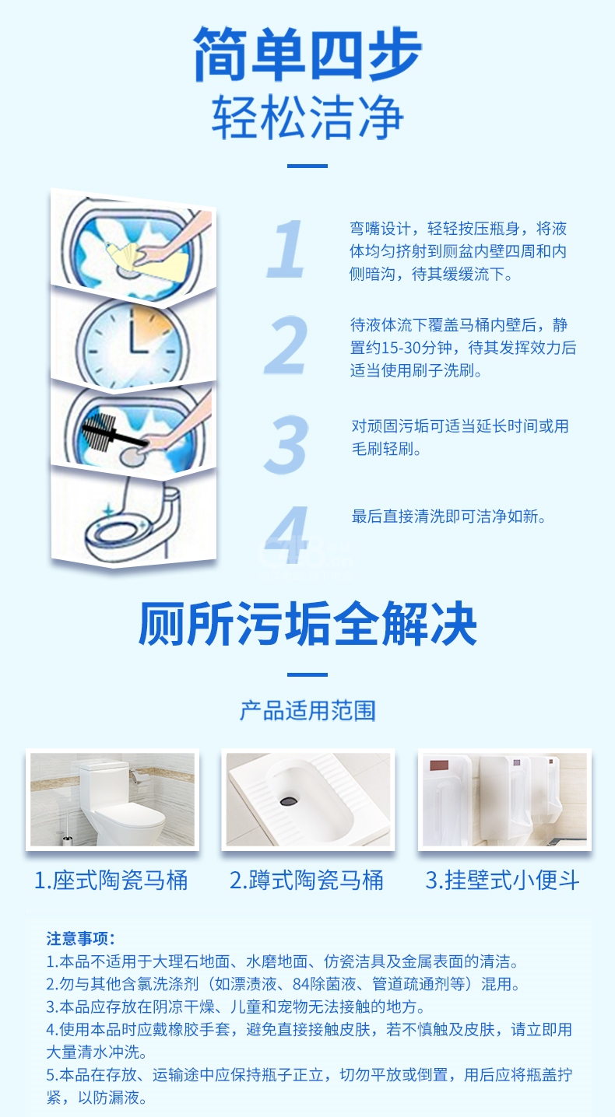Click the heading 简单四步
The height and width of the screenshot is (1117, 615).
(x=307, y=54)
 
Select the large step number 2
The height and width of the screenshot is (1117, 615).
(x=286, y=345)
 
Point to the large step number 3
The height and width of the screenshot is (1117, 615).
(x=286, y=444)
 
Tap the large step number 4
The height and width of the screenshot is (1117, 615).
(x=286, y=534)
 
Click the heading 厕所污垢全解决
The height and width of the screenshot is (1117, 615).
(x=307, y=623)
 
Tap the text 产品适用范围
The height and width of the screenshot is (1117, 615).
(x=307, y=710)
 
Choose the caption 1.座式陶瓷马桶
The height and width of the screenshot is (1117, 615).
(x=111, y=880)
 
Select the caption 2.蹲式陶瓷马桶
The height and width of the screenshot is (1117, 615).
(x=307, y=880)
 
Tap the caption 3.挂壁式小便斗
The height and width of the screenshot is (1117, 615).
(x=502, y=880)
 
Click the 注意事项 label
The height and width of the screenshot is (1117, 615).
(x=81, y=938)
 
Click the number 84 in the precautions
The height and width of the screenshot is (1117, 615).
(x=301, y=984)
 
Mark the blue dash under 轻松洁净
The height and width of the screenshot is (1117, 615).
(x=307, y=166)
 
